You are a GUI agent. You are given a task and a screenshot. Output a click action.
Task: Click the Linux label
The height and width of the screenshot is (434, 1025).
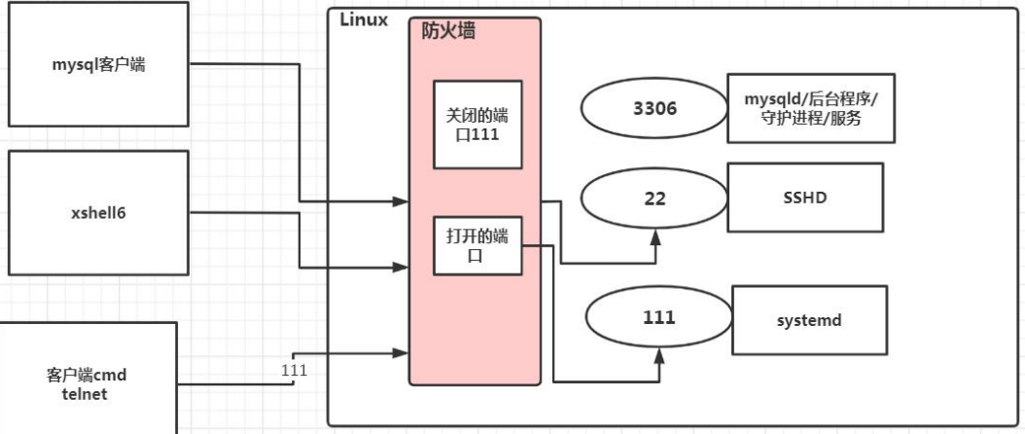tap(364, 20)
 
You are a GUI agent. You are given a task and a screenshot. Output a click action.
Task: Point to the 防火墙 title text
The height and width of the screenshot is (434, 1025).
tap(448, 31)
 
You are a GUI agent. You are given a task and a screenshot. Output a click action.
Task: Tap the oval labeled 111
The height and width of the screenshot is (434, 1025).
tap(658, 317)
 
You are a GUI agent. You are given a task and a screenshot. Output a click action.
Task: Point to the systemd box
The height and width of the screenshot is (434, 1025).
tap(809, 318)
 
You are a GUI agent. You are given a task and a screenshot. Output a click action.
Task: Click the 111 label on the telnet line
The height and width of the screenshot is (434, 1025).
tap(293, 369)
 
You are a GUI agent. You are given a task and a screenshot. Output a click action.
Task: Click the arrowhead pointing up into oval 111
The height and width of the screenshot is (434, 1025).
tap(659, 357)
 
